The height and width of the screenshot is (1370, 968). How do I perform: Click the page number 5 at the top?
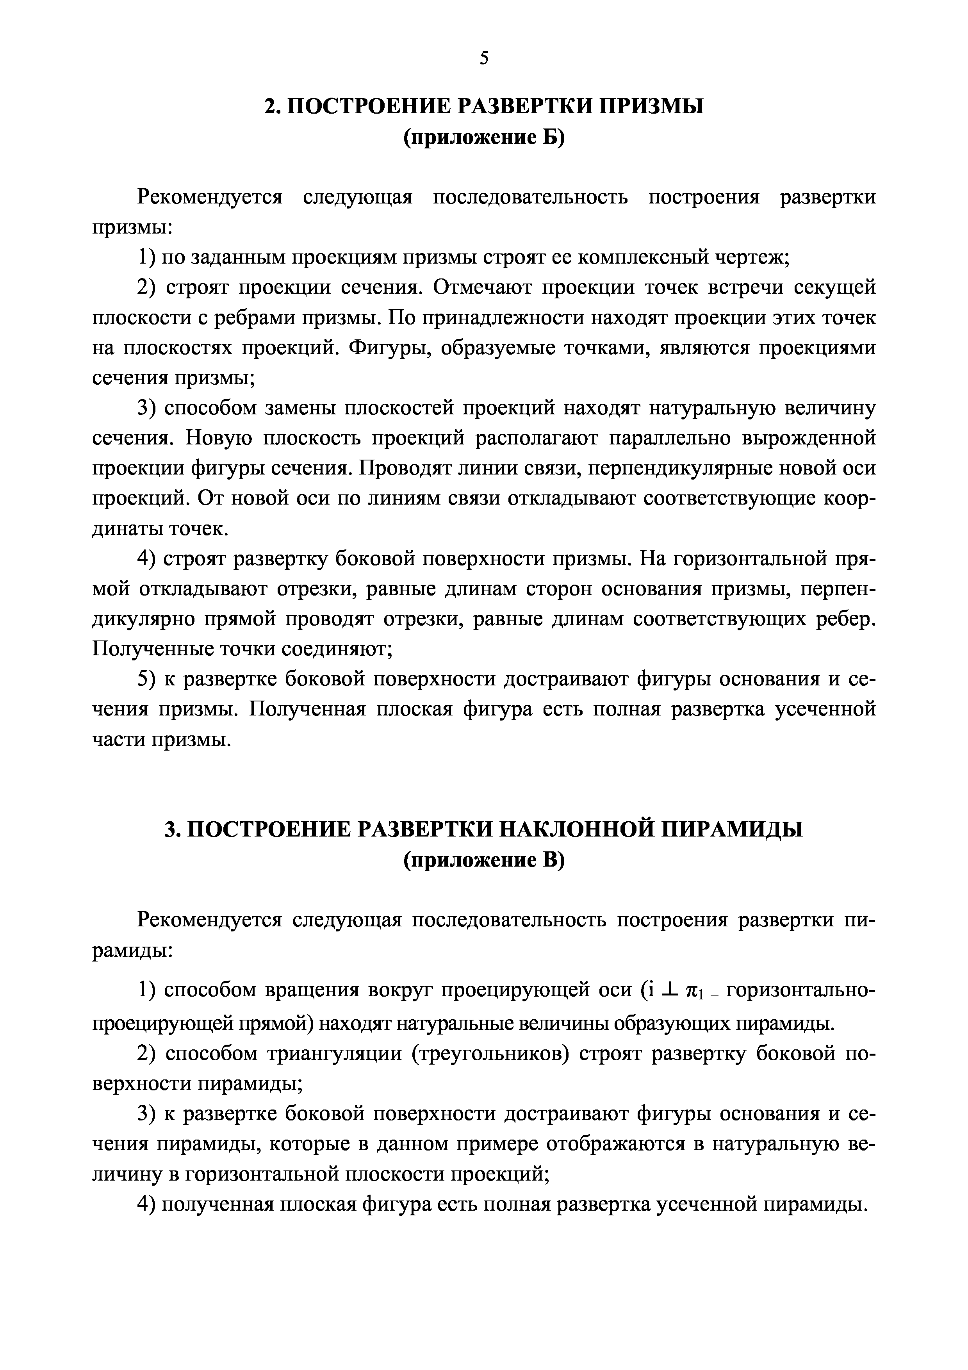coord(484,59)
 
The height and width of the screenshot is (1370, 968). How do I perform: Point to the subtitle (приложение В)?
coord(484,860)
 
